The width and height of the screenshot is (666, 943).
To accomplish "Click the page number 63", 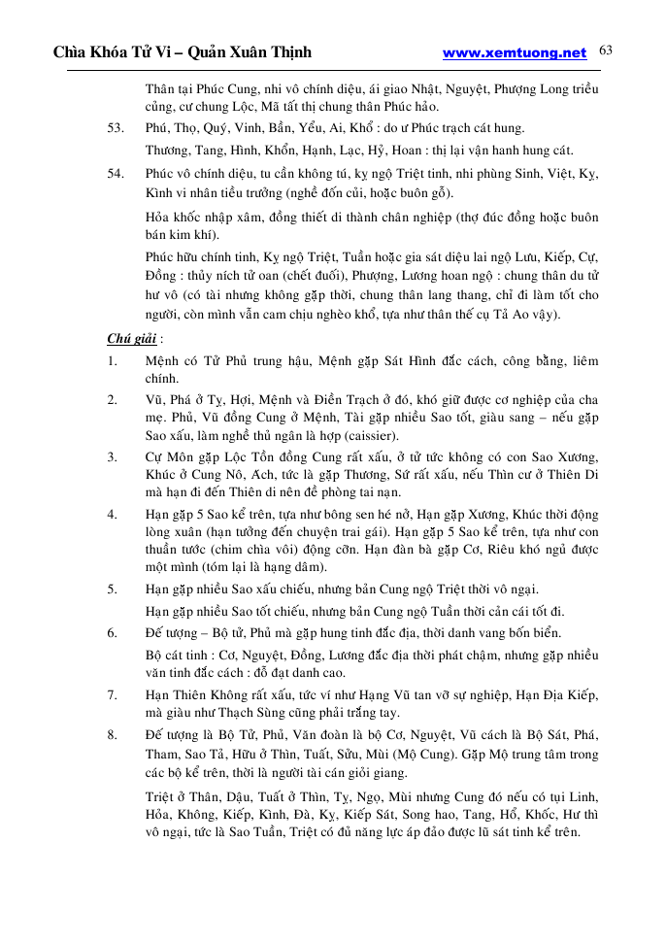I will click(x=606, y=50).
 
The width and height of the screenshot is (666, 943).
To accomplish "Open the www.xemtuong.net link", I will click(x=515, y=53).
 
